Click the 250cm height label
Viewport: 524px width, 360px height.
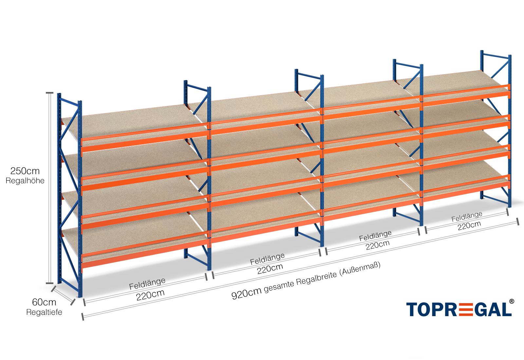click(x=25, y=171)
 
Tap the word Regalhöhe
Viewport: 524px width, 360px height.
click(x=25, y=181)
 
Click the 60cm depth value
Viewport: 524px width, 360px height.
click(x=44, y=302)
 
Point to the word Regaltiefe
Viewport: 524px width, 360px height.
click(x=44, y=312)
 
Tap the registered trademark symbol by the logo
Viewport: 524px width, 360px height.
click(x=511, y=301)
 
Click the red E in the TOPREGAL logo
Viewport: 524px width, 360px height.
click(x=462, y=309)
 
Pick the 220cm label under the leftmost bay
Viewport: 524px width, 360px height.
click(x=150, y=295)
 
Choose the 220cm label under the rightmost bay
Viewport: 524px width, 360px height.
click(x=469, y=225)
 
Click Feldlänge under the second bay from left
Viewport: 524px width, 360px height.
click(x=267, y=259)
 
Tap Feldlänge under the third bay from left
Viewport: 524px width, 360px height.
click(x=375, y=236)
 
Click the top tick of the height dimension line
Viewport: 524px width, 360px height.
click(x=49, y=93)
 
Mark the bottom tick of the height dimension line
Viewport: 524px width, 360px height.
click(x=49, y=283)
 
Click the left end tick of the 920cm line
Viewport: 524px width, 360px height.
click(x=83, y=316)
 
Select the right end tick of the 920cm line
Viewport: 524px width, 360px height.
click(x=518, y=222)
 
